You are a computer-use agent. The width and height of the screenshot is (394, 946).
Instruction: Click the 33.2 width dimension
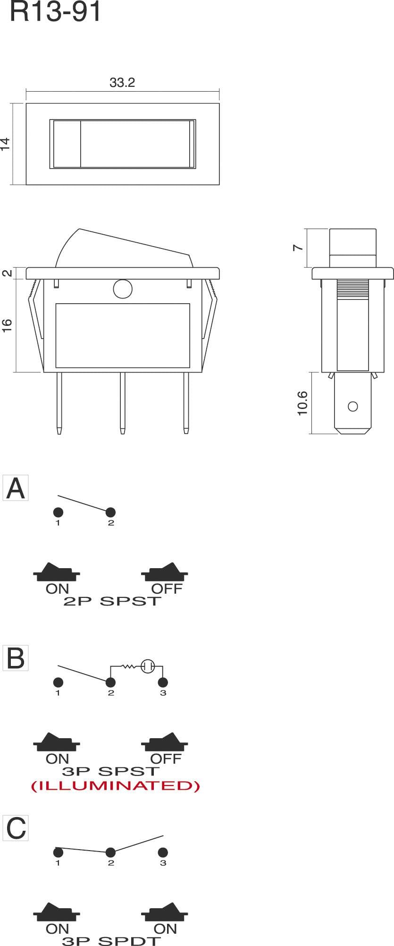tap(122, 83)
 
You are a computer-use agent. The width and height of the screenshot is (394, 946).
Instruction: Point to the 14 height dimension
tap(5, 144)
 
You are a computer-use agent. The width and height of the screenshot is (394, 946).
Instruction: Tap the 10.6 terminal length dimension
tap(302, 403)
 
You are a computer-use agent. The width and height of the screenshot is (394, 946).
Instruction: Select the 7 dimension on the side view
tap(298, 247)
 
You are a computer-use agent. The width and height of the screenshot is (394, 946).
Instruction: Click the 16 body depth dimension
tap(7, 325)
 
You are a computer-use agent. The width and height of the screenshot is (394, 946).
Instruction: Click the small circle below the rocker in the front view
tap(123, 290)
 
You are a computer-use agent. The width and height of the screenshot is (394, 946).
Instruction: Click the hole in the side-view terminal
tap(352, 406)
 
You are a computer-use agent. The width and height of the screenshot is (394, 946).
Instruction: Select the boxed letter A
tap(16, 488)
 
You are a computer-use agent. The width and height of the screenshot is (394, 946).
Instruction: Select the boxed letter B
tap(16, 658)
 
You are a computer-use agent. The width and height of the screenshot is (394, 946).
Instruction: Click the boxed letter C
tap(16, 828)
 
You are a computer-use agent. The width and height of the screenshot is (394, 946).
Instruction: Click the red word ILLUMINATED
tap(116, 785)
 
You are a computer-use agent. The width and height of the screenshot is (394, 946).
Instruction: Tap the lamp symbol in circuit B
tap(148, 666)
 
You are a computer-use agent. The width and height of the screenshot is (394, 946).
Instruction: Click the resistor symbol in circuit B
tap(129, 666)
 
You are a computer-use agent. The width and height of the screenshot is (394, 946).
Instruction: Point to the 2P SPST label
tap(112, 602)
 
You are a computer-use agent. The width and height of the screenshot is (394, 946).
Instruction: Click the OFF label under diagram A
tap(167, 589)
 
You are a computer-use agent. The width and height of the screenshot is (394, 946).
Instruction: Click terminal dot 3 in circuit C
tap(163, 852)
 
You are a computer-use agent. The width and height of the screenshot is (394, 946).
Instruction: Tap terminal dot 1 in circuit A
tap(58, 512)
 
